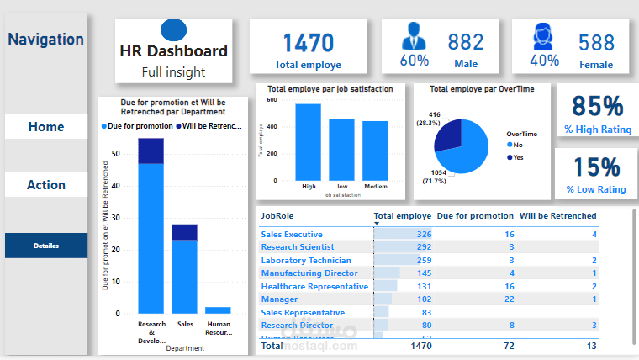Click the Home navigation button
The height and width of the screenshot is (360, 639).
[46, 127]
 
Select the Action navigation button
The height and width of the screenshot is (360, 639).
[46, 185]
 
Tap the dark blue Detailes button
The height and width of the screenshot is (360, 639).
[46, 246]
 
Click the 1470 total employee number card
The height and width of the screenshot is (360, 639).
[308, 43]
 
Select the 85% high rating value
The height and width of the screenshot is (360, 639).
[597, 106]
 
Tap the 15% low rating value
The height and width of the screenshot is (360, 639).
[597, 167]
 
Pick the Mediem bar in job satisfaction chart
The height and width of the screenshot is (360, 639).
[375, 151]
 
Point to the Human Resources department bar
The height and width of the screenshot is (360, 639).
[218, 310]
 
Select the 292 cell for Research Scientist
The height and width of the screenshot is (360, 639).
[423, 247]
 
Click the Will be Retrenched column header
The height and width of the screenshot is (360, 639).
[557, 216]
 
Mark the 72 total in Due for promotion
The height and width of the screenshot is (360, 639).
[508, 345]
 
